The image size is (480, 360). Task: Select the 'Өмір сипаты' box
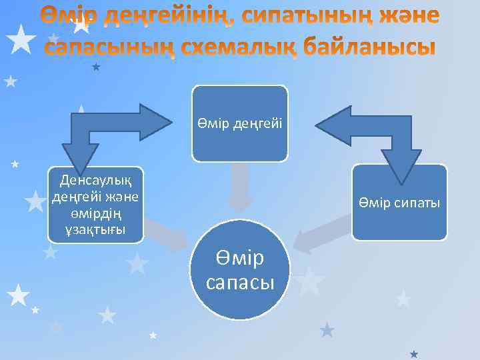point(399,202)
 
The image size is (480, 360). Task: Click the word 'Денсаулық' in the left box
point(95,179)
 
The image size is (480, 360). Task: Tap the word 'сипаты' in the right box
point(414,202)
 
